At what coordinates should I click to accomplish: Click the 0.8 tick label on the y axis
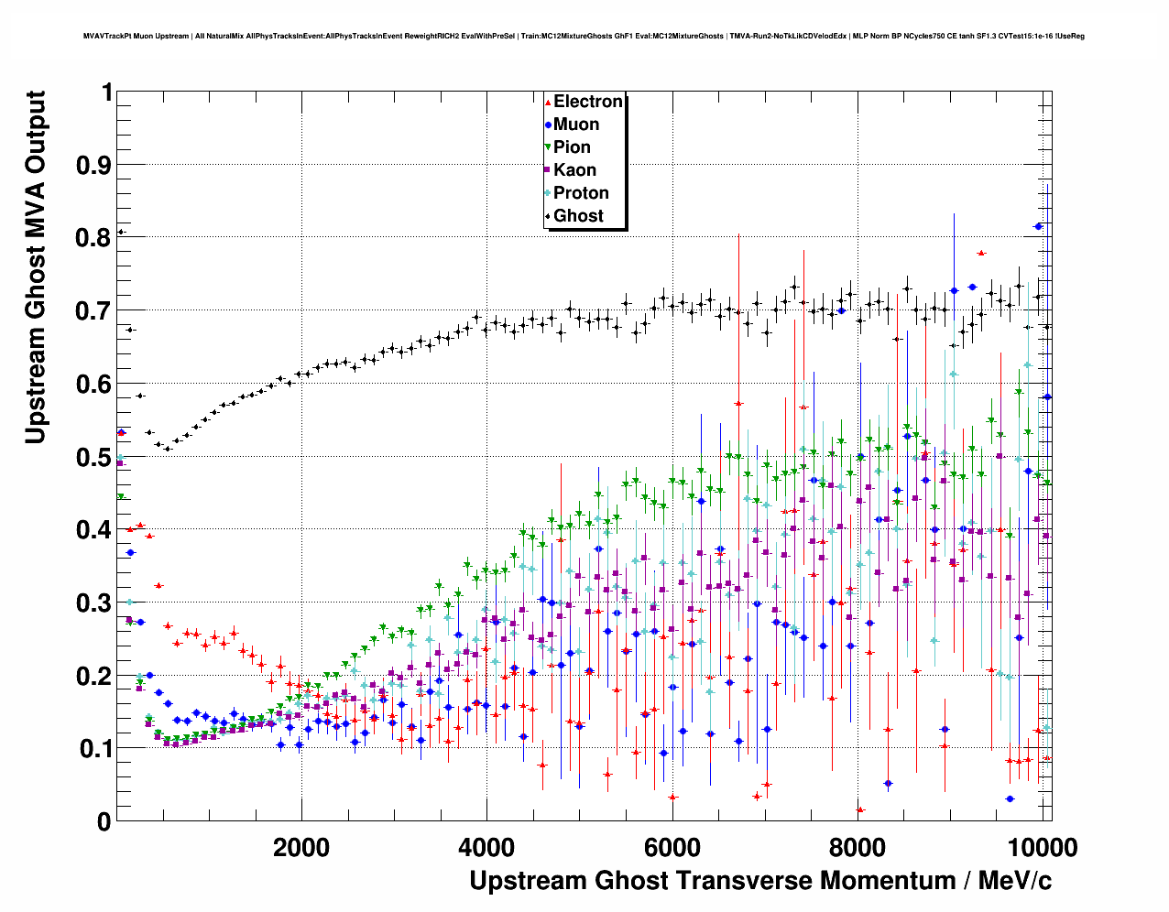pos(95,237)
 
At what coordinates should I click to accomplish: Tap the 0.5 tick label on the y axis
pos(95,456)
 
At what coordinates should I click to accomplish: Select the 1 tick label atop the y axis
pos(107,92)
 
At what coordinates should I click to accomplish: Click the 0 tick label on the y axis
pos(104,821)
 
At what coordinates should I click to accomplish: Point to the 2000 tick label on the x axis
pos(301,847)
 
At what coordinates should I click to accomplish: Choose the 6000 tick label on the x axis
pos(672,847)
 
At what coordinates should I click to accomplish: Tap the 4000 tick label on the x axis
pos(486,847)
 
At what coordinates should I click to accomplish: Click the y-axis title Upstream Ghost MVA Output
pos(35,267)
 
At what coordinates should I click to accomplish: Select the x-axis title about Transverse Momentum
pos(760,881)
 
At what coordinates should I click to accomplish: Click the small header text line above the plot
pos(584,37)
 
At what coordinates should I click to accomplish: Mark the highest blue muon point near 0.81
pos(1038,226)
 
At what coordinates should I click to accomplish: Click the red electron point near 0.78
pos(981,253)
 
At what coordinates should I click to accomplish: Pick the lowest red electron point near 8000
pos(860,809)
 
